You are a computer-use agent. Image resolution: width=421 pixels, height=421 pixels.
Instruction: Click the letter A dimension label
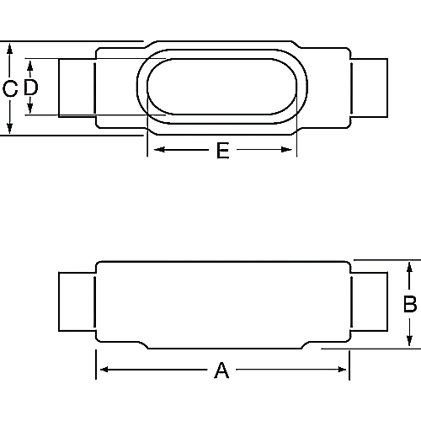pos(221,370)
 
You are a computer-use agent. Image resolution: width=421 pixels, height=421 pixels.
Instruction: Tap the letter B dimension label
pos(410,305)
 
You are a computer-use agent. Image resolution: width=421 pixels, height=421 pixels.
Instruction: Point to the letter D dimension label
pos(30,88)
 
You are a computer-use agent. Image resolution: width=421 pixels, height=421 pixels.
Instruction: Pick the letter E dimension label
pos(222,151)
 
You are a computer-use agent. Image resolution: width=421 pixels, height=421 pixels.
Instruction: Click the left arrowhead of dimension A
pos(100,370)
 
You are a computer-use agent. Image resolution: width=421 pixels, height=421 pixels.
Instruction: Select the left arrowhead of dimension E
pos(153,151)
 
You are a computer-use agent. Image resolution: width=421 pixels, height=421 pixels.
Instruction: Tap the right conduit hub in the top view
pos(370,87)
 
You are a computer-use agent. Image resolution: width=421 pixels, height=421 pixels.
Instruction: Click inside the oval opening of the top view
pos(222,87)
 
